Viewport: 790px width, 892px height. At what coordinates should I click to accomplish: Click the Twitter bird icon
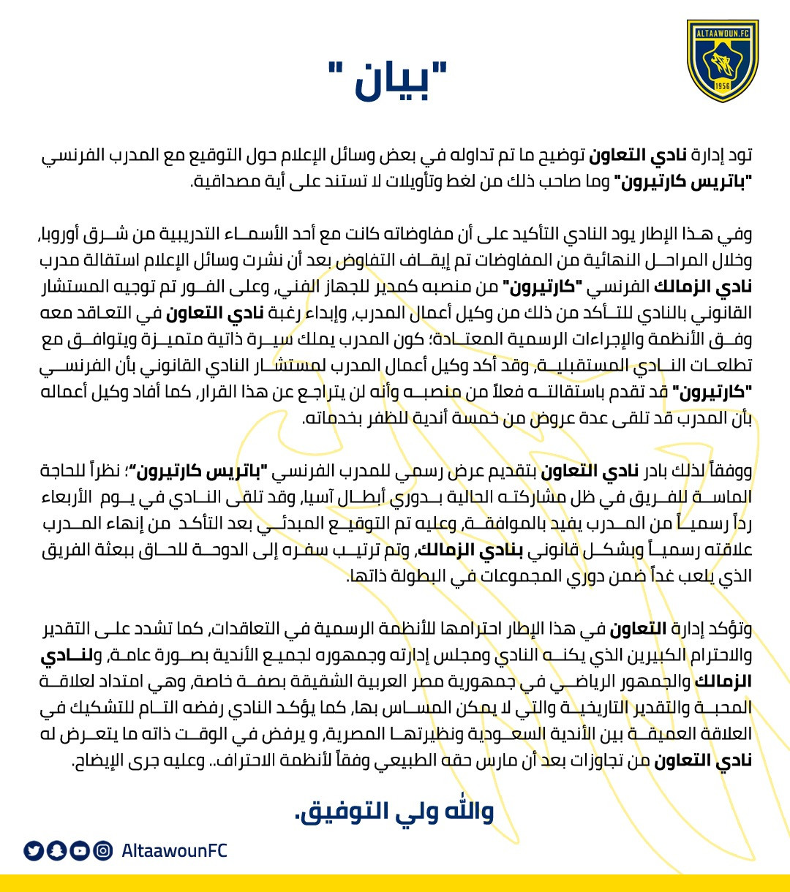[34, 850]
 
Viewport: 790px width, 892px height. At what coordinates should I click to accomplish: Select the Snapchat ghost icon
[57, 850]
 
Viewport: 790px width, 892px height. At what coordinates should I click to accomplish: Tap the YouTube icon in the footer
[80, 850]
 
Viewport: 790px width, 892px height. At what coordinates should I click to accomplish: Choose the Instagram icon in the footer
[104, 850]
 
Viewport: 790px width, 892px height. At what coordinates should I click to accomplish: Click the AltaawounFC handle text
[174, 850]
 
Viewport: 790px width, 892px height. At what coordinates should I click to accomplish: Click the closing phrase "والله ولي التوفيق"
[394, 811]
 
